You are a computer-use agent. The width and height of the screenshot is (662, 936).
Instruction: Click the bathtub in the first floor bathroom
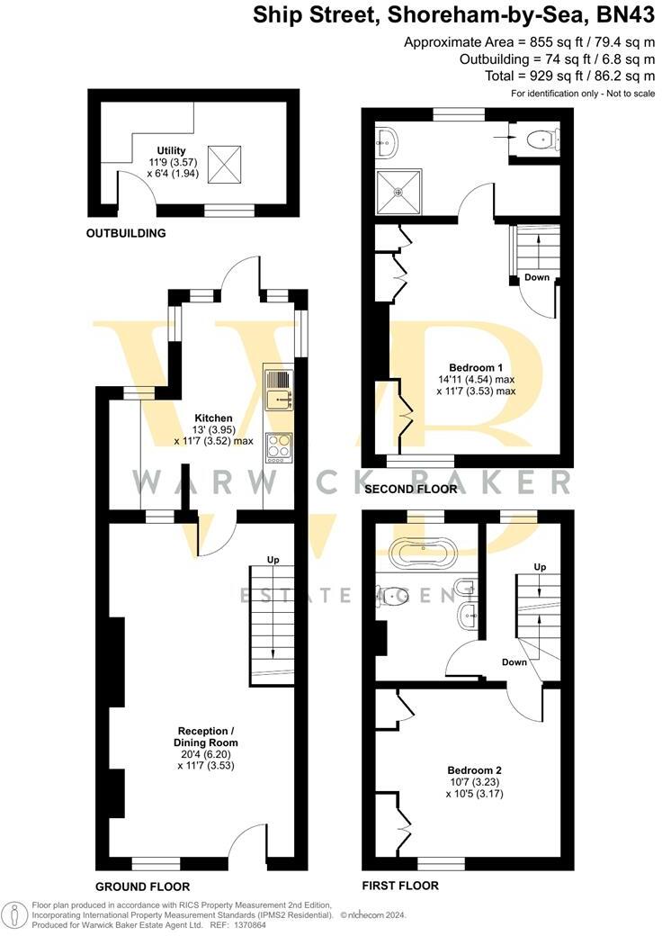(x=423, y=552)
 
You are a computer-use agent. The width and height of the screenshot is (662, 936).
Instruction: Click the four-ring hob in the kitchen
(x=280, y=446)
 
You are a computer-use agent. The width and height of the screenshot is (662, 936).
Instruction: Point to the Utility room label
(x=171, y=150)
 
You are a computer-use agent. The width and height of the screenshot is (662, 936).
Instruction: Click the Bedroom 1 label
(x=476, y=368)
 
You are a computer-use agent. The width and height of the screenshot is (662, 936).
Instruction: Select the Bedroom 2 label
(x=474, y=770)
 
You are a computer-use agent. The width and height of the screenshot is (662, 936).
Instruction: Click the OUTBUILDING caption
(x=126, y=233)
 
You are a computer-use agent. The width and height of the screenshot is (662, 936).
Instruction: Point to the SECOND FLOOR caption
(x=410, y=489)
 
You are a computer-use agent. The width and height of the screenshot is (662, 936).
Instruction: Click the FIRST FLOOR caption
(x=400, y=886)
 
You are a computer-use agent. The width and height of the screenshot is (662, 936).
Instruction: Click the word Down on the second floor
(x=537, y=277)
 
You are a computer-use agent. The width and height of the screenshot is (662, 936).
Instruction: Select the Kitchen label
(x=213, y=418)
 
